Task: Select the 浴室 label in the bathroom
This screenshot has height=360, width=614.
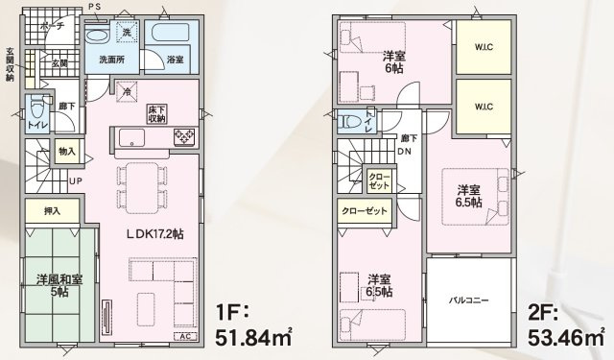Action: [176, 60]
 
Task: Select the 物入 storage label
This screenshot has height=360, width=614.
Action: [67, 152]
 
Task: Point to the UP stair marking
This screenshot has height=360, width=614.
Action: [74, 180]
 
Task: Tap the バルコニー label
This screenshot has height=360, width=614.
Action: [469, 300]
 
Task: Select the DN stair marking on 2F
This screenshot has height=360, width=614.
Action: [406, 151]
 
